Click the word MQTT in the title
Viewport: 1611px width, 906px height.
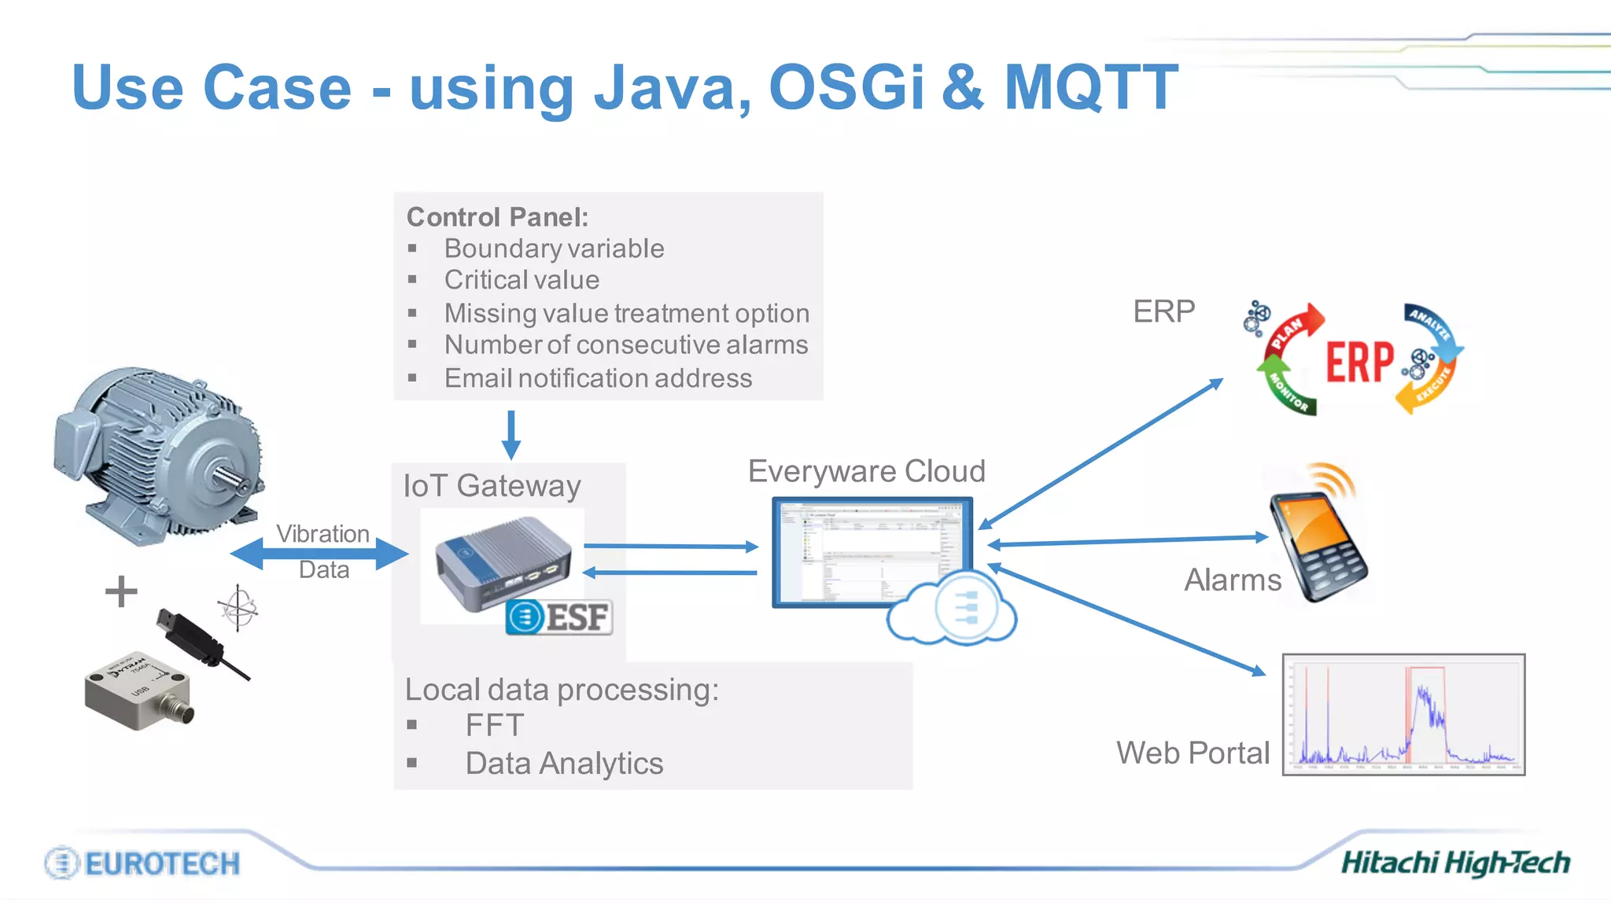click(1090, 87)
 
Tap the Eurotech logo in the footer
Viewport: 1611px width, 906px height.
click(142, 863)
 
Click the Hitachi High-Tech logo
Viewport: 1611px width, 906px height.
click(1455, 863)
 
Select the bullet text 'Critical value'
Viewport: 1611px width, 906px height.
click(522, 280)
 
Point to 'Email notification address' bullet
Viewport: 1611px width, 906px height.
click(598, 378)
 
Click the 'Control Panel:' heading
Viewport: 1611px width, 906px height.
click(497, 216)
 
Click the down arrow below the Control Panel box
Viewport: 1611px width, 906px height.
click(511, 434)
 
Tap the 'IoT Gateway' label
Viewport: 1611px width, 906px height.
click(492, 485)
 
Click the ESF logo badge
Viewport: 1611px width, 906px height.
click(559, 617)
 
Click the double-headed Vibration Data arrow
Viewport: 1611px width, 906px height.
click(319, 553)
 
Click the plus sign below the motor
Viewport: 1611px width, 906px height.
click(121, 591)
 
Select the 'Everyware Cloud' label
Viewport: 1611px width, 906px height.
click(866, 471)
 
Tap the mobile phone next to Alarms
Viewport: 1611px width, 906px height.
click(1318, 544)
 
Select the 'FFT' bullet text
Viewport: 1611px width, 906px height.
click(494, 725)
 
